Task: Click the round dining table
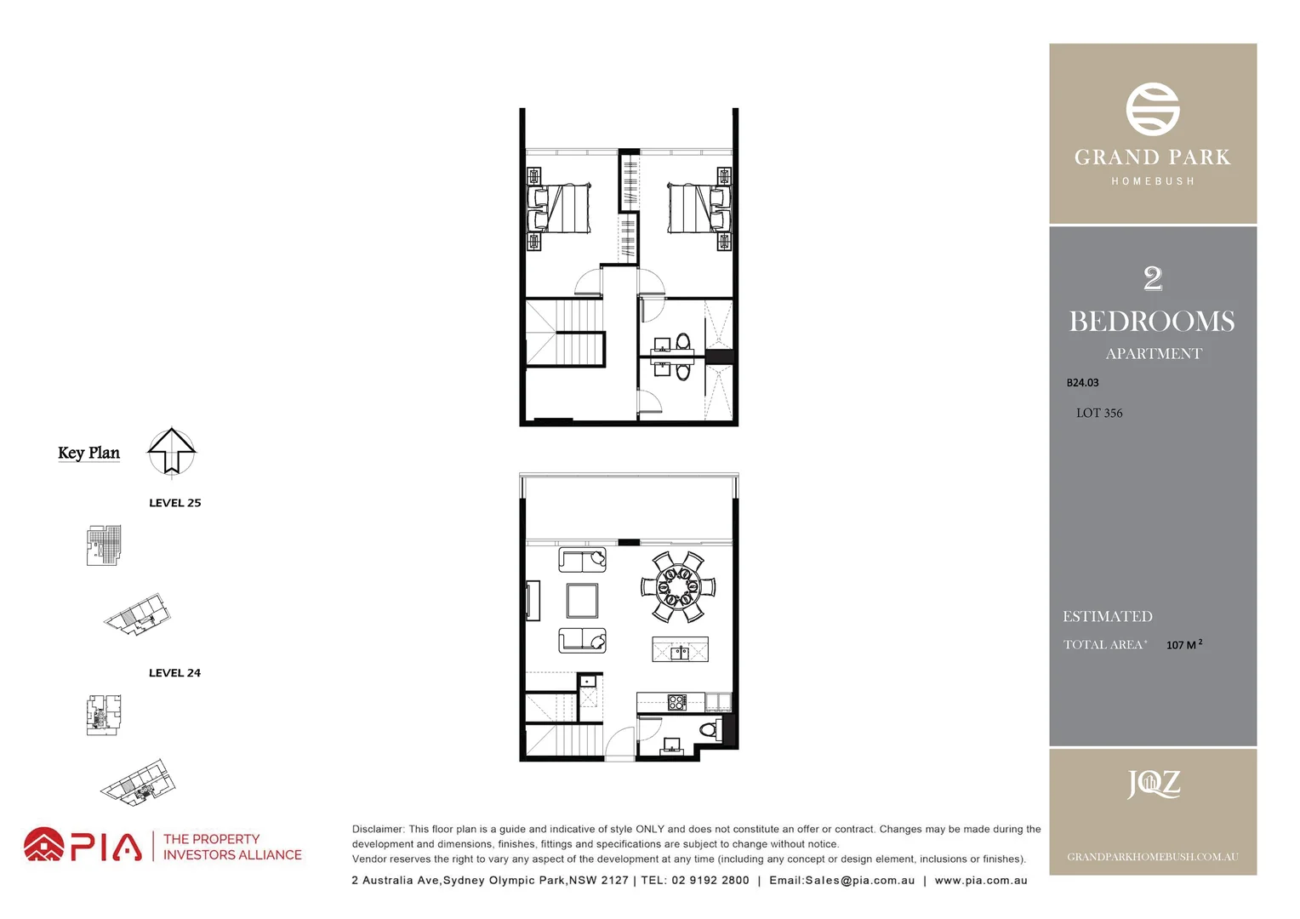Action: click(678, 586)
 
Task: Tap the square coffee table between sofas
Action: click(583, 600)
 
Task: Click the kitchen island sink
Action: click(680, 653)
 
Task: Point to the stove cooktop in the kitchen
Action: click(677, 702)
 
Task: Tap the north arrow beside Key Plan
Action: click(172, 450)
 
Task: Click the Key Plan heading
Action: click(88, 453)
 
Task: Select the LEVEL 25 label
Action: click(174, 503)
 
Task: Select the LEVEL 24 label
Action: click(174, 673)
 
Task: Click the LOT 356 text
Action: click(1099, 413)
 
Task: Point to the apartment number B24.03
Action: click(1082, 383)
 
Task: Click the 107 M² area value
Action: click(1183, 645)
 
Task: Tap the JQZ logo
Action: click(1153, 784)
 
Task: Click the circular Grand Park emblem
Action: click(1153, 109)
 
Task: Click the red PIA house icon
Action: click(43, 845)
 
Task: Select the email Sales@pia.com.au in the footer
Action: click(841, 881)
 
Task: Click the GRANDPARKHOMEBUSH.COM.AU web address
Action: click(1153, 857)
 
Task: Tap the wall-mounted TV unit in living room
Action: click(533, 601)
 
